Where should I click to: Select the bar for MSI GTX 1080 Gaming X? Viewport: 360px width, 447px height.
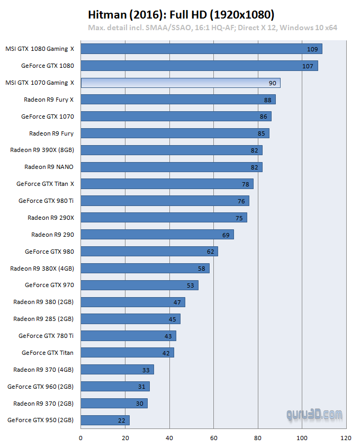[201, 49]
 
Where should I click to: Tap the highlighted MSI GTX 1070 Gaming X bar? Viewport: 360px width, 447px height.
[181, 83]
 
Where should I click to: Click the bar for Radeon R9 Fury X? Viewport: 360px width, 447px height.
[178, 100]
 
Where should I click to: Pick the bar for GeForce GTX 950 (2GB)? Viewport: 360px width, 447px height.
[105, 420]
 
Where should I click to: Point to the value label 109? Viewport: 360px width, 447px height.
[312, 49]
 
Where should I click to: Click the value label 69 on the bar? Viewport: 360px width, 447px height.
[226, 235]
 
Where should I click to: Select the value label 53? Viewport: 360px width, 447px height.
[191, 285]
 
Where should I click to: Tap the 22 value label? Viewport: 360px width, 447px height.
[122, 421]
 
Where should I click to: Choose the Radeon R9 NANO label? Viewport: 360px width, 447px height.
[49, 167]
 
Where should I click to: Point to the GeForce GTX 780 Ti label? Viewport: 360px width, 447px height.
[46, 336]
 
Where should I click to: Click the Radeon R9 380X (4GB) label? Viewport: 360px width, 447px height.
[42, 269]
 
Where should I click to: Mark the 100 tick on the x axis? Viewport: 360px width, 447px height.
[302, 438]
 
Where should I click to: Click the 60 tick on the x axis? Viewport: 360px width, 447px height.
[213, 438]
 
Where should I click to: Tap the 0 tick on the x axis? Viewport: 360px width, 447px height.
[80, 438]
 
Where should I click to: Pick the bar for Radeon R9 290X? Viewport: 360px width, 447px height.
[164, 218]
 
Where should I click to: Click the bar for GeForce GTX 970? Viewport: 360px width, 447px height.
[139, 285]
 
